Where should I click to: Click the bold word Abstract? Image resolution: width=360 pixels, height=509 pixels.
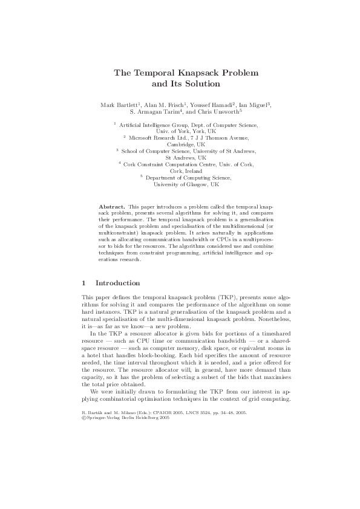click(x=112, y=207)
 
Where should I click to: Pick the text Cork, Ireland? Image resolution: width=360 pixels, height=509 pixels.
click(x=180, y=171)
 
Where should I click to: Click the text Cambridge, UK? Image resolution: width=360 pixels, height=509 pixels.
click(x=180, y=144)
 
